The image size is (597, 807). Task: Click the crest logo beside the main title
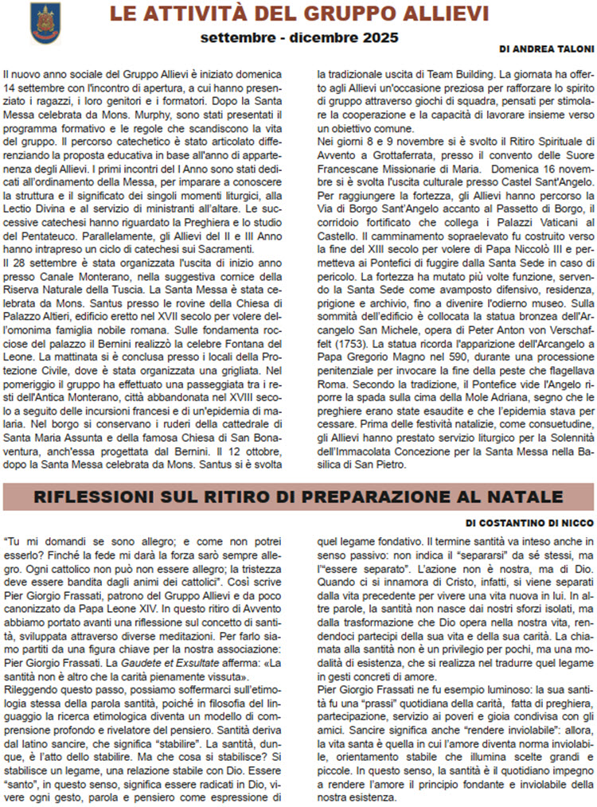(x=45, y=22)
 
